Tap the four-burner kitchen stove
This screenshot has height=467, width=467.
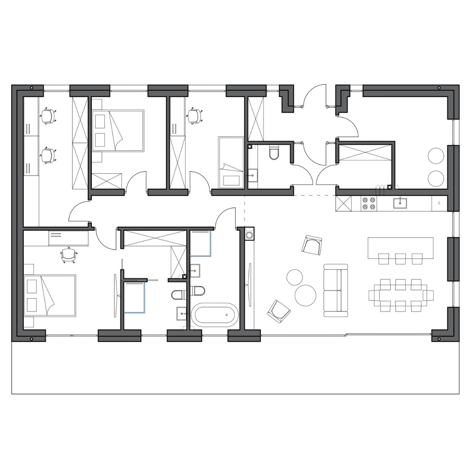[369, 203]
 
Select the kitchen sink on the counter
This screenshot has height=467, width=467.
[400, 203]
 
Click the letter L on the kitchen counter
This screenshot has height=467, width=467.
[439, 203]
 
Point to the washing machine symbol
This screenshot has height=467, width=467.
[249, 235]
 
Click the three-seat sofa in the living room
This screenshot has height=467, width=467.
[335, 290]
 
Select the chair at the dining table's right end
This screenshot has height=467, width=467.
[428, 295]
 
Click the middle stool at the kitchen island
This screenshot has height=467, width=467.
[400, 258]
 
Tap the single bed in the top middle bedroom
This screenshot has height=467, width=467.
[231, 162]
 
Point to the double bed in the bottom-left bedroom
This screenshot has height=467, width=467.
[50, 295]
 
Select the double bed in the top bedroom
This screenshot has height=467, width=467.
[118, 131]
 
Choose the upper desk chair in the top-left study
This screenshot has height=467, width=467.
[48, 116]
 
